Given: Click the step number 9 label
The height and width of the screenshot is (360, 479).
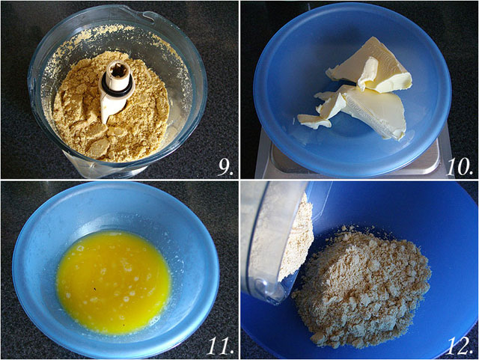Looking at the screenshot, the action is (226, 168).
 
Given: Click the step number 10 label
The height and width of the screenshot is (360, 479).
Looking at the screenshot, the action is (460, 168).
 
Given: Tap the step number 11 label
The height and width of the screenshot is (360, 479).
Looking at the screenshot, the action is (219, 347).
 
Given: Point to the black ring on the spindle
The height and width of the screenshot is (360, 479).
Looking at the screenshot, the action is (117, 86).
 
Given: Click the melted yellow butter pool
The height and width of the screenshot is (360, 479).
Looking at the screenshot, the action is (114, 282).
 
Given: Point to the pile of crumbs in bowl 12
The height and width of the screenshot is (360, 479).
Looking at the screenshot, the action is (362, 287).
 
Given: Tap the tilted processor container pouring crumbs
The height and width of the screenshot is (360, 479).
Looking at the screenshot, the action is (275, 242).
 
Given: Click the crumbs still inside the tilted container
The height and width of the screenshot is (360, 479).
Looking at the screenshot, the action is (293, 238).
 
